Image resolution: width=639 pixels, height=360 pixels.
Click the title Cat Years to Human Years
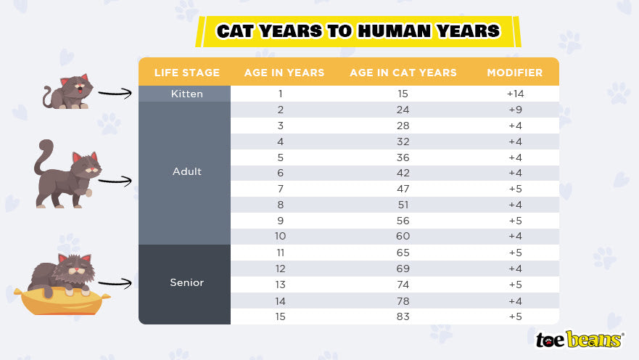[x=358, y=31]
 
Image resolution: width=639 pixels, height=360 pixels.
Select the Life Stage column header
[x=186, y=73]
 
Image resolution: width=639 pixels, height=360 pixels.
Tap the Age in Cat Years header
[x=403, y=73]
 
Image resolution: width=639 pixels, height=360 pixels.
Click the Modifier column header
[x=515, y=73]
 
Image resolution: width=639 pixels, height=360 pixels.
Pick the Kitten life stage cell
[x=186, y=94]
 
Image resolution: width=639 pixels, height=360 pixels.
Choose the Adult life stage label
[x=186, y=172]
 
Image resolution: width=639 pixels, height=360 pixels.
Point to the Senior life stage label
[x=186, y=282]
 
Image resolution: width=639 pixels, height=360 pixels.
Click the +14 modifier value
[x=515, y=94]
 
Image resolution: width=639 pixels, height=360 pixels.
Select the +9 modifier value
[x=515, y=110]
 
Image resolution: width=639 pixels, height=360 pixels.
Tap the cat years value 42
[x=403, y=173]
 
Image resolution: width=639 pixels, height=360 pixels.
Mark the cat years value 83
[x=403, y=316]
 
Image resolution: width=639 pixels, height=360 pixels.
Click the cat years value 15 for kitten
[x=403, y=94]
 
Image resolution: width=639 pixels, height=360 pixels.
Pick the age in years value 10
[x=281, y=237]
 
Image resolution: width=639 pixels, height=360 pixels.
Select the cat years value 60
[x=403, y=237]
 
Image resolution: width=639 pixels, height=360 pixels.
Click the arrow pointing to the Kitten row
[x=116, y=94]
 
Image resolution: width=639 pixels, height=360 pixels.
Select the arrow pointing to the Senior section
[x=116, y=283]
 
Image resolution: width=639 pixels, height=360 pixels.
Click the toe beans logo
[x=579, y=339]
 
